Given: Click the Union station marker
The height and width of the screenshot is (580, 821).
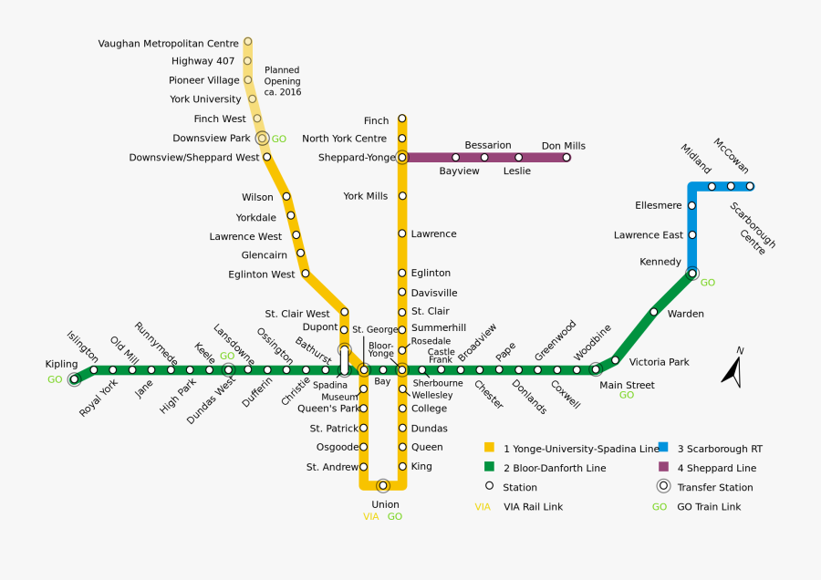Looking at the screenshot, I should (383, 486).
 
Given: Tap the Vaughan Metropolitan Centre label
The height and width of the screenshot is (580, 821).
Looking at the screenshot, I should (169, 43).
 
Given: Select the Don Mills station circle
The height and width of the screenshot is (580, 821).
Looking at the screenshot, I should (566, 158).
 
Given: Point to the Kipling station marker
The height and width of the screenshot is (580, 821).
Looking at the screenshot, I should (75, 379).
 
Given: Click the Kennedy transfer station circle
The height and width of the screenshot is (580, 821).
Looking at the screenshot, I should (692, 273).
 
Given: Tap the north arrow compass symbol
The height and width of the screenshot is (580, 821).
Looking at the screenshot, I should (732, 369).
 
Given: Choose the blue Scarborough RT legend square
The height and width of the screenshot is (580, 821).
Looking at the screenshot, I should (663, 447).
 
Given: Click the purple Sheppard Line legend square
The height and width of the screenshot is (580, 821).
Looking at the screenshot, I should (663, 467).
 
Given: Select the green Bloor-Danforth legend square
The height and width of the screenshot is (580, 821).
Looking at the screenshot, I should (489, 467).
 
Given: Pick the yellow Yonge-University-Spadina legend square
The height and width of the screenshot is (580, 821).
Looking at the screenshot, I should (489, 447).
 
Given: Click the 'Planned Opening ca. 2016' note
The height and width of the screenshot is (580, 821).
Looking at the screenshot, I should (282, 81).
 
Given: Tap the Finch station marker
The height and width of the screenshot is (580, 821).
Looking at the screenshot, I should (401, 119).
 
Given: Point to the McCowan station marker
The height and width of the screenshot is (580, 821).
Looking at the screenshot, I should (750, 186).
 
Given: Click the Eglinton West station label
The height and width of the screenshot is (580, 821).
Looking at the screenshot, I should (262, 274).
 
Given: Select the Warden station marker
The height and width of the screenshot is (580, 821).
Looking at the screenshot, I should (654, 312).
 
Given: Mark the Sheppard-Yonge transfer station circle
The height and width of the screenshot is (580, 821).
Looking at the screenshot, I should (401, 158).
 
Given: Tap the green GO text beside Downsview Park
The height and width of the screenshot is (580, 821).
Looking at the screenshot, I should (279, 140).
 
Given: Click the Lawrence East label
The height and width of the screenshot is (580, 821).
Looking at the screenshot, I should (649, 235).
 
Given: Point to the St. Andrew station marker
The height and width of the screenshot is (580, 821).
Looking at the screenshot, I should (363, 467).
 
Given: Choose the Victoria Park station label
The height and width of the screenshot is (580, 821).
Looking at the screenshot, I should (660, 362).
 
